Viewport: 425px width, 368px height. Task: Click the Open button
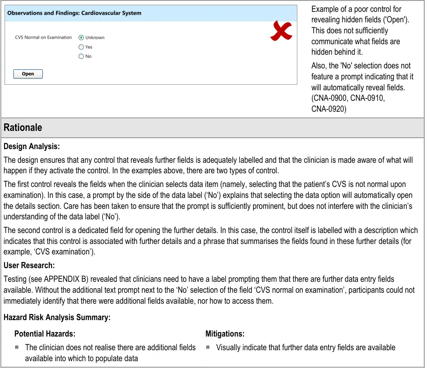point(28,74)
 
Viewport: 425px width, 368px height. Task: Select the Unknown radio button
point(81,37)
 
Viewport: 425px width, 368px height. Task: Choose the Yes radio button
point(81,47)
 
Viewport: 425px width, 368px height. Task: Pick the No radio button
point(81,57)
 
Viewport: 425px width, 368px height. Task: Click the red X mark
point(281,31)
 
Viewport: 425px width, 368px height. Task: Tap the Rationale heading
point(23,128)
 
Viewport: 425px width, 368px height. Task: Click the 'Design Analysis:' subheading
point(31,147)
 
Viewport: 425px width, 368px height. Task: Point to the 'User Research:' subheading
point(29,265)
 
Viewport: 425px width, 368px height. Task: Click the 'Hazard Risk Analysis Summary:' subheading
point(57,317)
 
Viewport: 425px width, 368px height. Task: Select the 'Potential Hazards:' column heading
point(45,334)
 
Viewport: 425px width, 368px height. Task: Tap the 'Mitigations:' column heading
point(225,334)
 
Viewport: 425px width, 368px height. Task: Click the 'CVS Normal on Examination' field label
point(43,37)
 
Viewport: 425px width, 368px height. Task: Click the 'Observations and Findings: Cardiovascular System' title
point(74,13)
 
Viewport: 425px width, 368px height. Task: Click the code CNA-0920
point(329,109)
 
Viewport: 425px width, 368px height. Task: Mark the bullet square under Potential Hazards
point(16,347)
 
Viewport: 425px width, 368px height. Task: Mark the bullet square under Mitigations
point(207,347)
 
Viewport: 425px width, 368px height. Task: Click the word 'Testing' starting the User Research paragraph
point(15,279)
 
